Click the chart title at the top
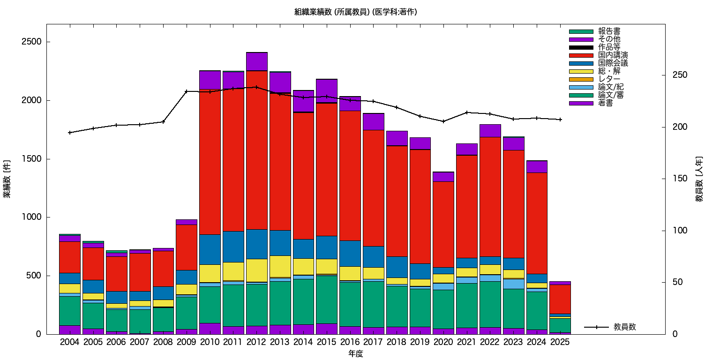[355, 12]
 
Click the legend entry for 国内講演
[613, 55]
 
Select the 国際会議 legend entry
[613, 63]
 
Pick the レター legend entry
[609, 79]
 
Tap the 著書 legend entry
[605, 103]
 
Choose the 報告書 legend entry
[609, 31]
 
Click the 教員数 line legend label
[624, 327]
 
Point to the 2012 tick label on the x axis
[256, 342]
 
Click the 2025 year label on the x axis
[560, 342]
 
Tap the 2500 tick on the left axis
[32, 42]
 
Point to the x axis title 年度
[355, 354]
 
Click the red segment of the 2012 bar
[256, 150]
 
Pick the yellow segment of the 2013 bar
[280, 266]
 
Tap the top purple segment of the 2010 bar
[210, 80]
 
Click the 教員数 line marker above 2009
[187, 91]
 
